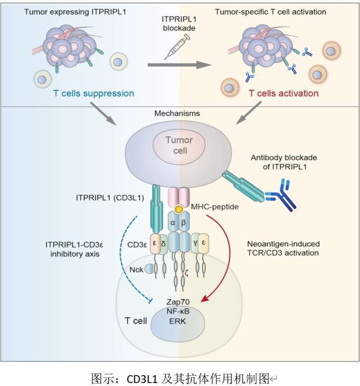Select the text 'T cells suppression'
pos(93,94)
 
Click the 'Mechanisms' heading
pos(180,114)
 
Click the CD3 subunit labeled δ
pos(163,244)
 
